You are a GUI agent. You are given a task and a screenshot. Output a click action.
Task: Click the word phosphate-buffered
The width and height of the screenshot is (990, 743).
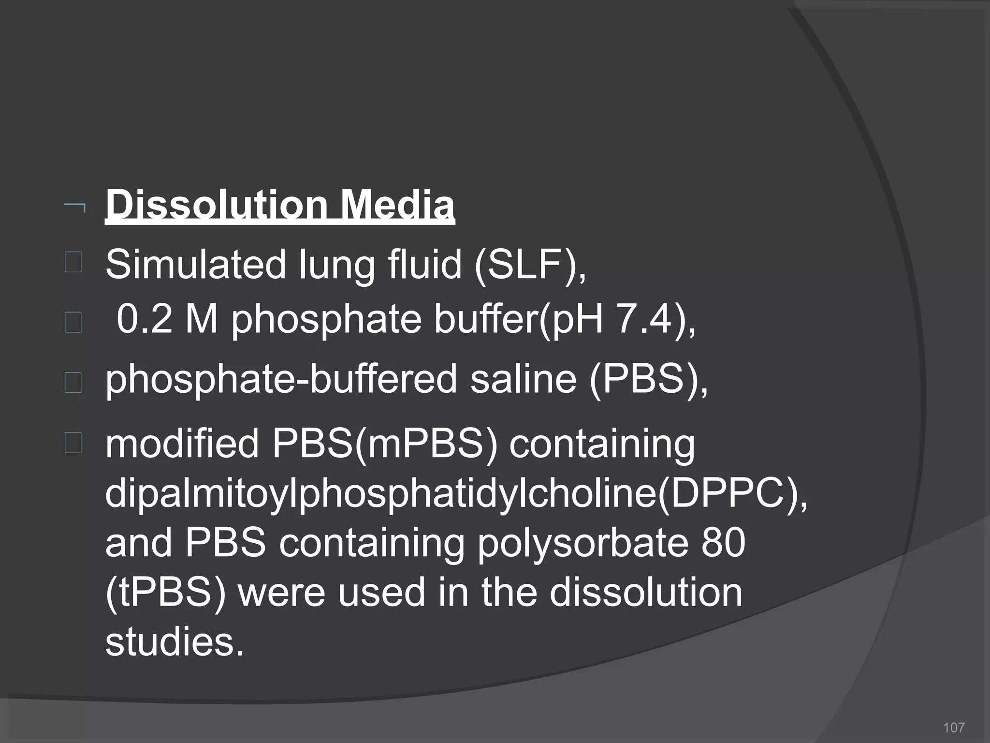[x=281, y=380]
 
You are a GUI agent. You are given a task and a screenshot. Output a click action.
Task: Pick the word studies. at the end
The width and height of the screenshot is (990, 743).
[x=175, y=642]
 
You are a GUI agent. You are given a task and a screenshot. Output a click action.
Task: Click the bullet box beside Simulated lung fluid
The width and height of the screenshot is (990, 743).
[x=73, y=263]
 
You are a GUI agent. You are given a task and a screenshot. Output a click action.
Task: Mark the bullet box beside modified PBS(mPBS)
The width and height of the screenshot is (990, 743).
[x=73, y=443]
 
